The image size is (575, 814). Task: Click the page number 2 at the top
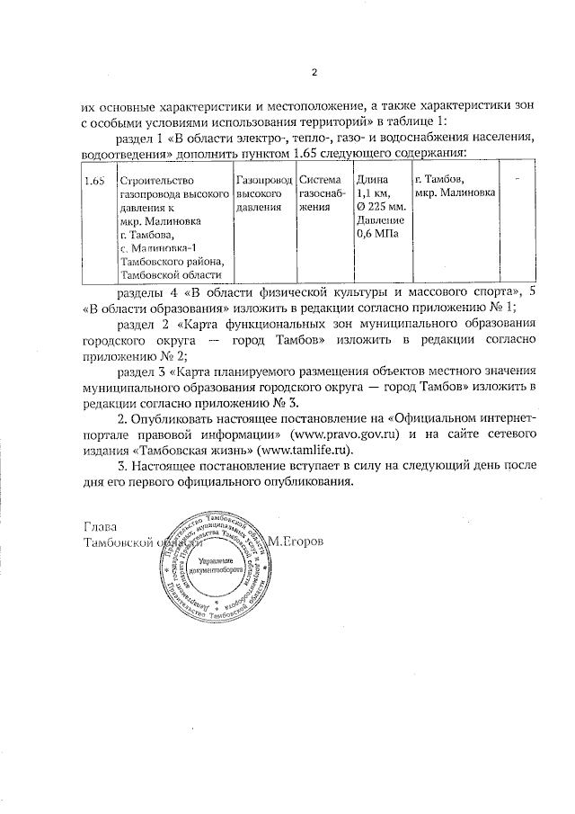[x=314, y=73]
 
